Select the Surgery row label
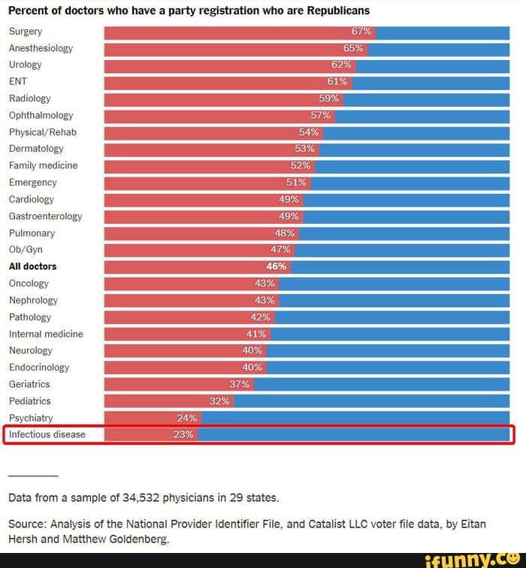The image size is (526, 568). click(x=26, y=32)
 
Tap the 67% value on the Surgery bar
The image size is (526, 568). click(x=361, y=32)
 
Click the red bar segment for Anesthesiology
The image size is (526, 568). click(x=225, y=48)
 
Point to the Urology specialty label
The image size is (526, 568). click(x=26, y=65)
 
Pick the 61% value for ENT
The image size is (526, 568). click(x=337, y=81)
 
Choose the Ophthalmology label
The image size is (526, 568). click(x=41, y=115)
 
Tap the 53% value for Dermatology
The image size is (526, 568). click(x=305, y=149)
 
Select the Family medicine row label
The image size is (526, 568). click(x=44, y=165)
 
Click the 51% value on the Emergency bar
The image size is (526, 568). click(x=297, y=182)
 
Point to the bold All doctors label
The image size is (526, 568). click(x=32, y=266)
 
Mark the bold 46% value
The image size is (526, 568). click(x=277, y=266)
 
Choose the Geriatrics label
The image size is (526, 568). click(x=29, y=384)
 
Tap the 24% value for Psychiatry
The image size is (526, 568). click(x=187, y=418)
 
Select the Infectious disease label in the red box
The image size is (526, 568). click(x=47, y=434)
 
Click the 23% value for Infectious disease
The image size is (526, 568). click(x=183, y=434)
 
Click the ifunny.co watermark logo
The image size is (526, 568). click(x=473, y=559)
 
